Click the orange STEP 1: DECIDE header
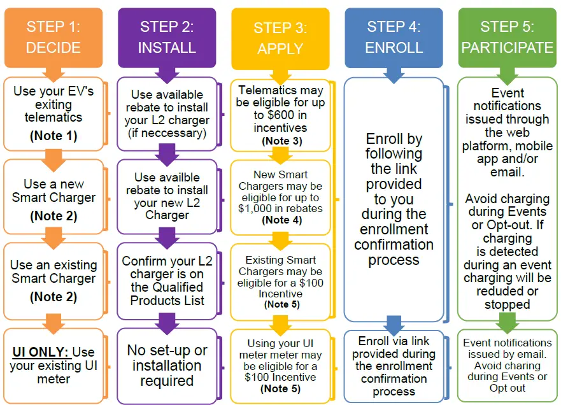(x=53, y=38)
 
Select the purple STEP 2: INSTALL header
(x=167, y=38)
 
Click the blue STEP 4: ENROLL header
(x=394, y=38)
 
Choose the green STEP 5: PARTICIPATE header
(x=507, y=38)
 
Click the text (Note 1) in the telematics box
(x=53, y=136)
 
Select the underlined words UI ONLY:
(x=41, y=352)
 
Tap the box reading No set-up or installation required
(x=167, y=366)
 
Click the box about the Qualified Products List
(x=167, y=280)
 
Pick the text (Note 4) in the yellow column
(x=280, y=220)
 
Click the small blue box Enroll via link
(x=394, y=366)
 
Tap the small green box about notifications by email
(x=507, y=366)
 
